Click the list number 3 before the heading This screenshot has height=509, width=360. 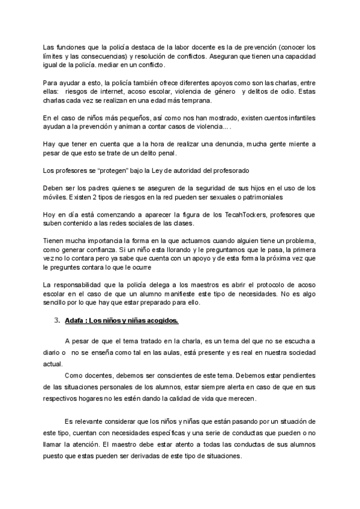point(56,321)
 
